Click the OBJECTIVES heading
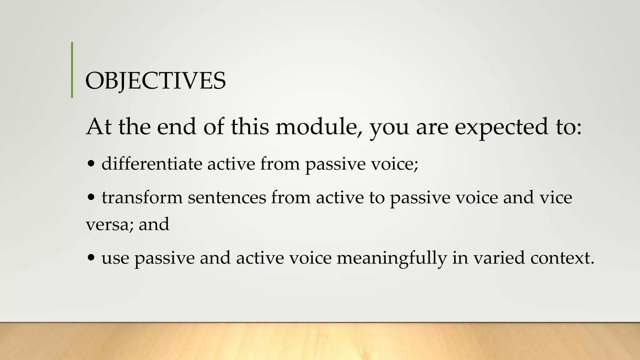coord(155,81)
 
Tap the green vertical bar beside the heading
coord(72,70)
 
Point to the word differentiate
coord(152,163)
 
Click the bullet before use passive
coord(91,258)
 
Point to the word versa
coord(109,224)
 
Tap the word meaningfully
coord(392,258)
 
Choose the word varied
coord(499,258)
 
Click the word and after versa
coord(154,224)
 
